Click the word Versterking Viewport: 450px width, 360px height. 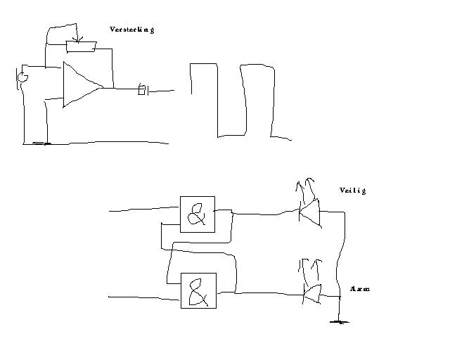131,30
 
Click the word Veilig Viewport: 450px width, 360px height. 352,191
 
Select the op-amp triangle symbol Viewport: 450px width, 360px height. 79,84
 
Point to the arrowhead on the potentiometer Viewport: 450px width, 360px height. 77,38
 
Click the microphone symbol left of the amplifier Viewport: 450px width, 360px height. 22,75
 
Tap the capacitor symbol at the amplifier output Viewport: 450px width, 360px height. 142,89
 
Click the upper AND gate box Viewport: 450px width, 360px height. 198,214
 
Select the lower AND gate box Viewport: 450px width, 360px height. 198,290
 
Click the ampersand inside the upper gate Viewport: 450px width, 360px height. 198,214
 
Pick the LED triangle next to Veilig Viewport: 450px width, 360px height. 310,212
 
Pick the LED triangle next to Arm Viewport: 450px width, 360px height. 311,293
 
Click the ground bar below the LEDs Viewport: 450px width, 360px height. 340,322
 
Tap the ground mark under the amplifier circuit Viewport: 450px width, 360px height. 41,143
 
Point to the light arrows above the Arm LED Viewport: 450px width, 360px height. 310,266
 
